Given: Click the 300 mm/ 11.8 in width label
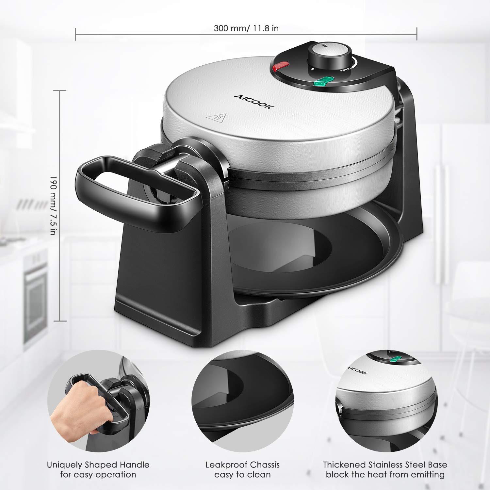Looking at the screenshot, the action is pyautogui.click(x=246, y=28).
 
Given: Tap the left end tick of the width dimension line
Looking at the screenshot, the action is pyautogui.click(x=75, y=34).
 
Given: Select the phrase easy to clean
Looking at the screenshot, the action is pyautogui.click(x=242, y=475).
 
